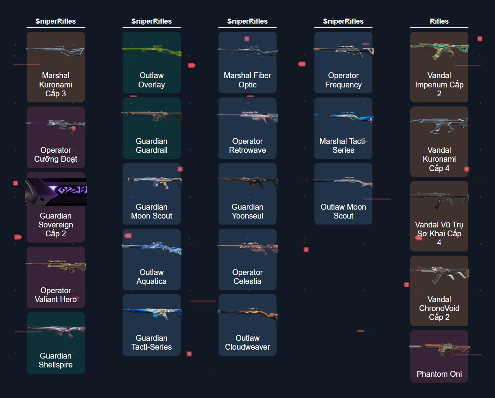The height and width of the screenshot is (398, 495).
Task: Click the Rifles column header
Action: coord(439,21)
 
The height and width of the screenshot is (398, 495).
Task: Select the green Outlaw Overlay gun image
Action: coord(152,51)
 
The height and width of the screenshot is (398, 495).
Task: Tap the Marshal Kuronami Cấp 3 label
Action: coord(56,84)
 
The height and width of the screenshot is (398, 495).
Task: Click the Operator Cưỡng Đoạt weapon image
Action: coord(56,125)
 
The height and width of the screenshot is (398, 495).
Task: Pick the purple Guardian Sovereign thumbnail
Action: coord(56,191)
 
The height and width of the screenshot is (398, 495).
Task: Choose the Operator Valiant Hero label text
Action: coord(56,295)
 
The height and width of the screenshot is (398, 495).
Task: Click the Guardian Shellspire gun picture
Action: coord(56,331)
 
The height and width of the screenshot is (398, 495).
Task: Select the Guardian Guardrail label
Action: coord(152,145)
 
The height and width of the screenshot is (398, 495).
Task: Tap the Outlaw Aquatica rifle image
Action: coord(152,248)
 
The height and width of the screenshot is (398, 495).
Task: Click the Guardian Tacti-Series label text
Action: coord(152,342)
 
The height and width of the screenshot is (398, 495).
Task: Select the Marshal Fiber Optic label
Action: coord(247,80)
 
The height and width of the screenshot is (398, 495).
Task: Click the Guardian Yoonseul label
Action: coord(247,211)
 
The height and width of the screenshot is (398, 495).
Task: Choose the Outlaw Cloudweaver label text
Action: coord(247,342)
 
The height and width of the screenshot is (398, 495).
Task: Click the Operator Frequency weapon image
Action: coord(343,51)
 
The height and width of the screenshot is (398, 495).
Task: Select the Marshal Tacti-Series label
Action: coord(343,145)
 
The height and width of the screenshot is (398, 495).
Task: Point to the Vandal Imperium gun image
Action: coord(439,50)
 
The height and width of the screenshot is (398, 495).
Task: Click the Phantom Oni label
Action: coord(439,374)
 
